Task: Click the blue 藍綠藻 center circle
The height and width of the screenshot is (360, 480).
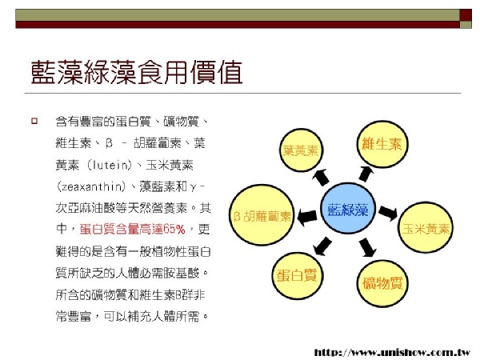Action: [x=348, y=208]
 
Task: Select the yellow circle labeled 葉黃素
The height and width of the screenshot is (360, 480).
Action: [x=301, y=150]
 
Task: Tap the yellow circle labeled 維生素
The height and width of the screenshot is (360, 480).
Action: [x=382, y=144]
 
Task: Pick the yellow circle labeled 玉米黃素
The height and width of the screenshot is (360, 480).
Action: [x=426, y=228]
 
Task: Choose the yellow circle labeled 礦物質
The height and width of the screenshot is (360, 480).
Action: [x=382, y=283]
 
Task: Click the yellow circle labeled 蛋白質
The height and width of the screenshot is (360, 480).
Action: [x=298, y=276]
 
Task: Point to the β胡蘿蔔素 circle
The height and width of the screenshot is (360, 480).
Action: [x=262, y=215]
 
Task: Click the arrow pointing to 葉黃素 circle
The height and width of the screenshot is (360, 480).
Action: [x=321, y=178]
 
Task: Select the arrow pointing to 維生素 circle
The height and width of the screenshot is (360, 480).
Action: [x=366, y=174]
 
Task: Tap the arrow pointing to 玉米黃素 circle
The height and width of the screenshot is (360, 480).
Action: [x=388, y=213]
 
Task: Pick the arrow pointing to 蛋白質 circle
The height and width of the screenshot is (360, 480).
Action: [x=322, y=246]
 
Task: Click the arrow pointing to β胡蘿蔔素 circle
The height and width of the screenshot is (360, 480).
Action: [x=307, y=217]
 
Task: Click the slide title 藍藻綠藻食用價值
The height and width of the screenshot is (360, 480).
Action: [x=137, y=72]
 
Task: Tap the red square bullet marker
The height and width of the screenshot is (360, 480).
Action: [x=34, y=121]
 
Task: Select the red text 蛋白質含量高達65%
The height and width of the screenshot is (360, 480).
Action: [x=132, y=230]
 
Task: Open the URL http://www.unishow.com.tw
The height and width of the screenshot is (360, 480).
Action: [x=393, y=352]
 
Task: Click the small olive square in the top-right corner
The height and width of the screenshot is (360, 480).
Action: [x=466, y=25]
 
